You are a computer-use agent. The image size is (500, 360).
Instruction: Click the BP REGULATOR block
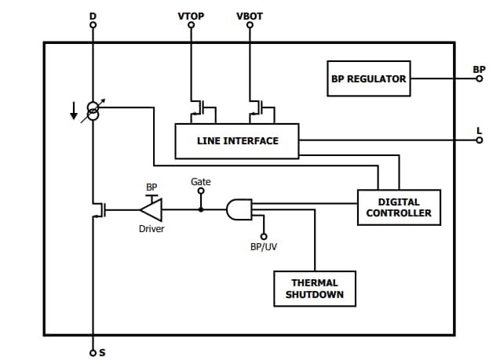click(x=368, y=78)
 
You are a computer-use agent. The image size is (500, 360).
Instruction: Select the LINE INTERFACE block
click(x=237, y=141)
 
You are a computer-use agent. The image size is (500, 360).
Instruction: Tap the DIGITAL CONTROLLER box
click(x=399, y=207)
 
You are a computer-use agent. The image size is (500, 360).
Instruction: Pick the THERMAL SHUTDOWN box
click(x=314, y=288)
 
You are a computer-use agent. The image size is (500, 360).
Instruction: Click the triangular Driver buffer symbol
click(x=151, y=209)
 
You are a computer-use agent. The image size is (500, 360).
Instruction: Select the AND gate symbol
click(x=239, y=209)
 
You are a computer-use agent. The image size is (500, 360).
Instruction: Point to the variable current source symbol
click(x=93, y=111)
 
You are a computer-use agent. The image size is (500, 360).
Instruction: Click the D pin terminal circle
click(x=93, y=24)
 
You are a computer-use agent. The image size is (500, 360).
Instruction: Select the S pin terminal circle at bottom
click(x=93, y=352)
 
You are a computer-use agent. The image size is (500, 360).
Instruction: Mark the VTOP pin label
click(x=191, y=16)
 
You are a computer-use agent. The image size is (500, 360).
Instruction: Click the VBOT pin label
click(x=250, y=16)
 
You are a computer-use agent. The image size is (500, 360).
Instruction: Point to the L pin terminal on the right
click(x=480, y=141)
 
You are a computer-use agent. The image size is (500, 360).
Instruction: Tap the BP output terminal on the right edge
click(x=480, y=78)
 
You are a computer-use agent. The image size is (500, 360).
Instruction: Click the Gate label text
click(x=200, y=181)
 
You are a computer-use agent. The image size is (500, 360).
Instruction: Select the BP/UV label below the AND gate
click(x=263, y=246)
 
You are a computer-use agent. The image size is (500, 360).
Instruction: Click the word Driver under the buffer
click(x=151, y=229)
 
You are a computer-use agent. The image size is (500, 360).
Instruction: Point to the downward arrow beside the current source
click(x=74, y=114)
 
